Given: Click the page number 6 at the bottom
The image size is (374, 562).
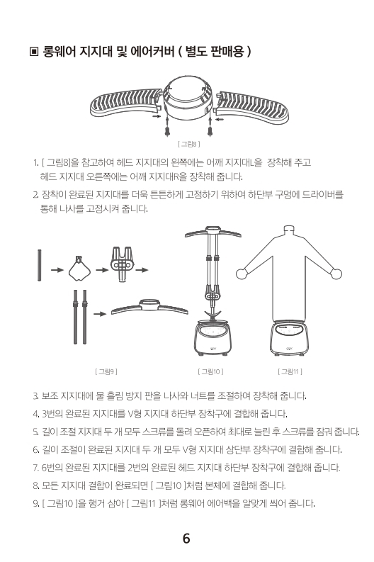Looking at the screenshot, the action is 186,539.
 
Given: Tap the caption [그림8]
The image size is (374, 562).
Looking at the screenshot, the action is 189,144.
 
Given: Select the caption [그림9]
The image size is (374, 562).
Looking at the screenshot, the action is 106,371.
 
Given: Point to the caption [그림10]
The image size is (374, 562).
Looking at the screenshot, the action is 210,371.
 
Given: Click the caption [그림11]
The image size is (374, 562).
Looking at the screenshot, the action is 290,371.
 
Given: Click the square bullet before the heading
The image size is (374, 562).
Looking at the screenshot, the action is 34,52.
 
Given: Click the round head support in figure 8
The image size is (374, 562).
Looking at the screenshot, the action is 188,98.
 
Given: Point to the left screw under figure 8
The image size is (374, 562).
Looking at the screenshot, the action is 167,128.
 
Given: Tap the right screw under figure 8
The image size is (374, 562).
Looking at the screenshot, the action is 210,128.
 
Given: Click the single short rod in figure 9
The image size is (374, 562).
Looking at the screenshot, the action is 40,265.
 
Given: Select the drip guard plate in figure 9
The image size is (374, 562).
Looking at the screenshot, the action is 79,269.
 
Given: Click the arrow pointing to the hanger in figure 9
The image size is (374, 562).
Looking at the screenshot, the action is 100,314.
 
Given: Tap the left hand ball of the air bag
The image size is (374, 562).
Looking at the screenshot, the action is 241,274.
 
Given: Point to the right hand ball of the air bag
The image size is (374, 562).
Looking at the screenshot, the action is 336,274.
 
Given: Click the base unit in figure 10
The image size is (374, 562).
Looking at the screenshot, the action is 212,338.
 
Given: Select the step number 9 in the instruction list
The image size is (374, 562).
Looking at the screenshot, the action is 36,504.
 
